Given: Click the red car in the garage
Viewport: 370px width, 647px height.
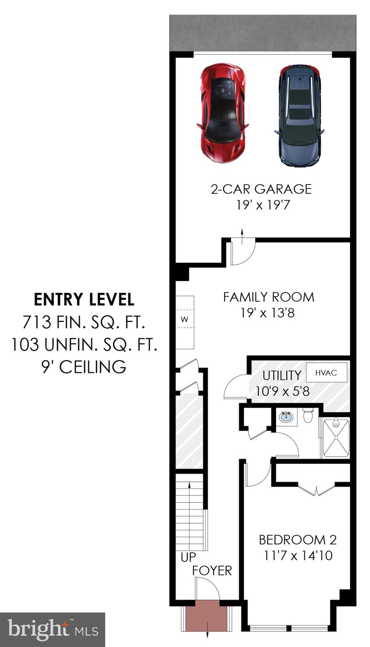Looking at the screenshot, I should point(221,113).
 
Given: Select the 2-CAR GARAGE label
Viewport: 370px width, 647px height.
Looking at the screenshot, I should point(261,189).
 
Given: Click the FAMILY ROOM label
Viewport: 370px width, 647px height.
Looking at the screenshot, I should point(268,297).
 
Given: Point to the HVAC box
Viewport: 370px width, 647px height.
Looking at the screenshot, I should point(326,373).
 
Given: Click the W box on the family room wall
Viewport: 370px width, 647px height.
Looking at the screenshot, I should point(184,320).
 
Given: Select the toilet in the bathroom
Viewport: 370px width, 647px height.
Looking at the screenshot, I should point(309,415).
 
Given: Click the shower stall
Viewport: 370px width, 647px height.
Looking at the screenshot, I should point(335,438).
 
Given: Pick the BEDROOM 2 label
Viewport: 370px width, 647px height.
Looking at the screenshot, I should point(298,540).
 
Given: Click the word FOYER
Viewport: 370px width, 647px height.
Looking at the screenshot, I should point(212,571).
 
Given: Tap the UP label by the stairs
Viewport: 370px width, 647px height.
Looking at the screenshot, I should point(188,557).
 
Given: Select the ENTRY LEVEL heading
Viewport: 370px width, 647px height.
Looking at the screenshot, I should point(84,300).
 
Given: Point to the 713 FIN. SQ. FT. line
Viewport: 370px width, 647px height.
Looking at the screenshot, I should point(84,323).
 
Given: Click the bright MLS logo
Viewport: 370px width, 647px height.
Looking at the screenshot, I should point(53,629).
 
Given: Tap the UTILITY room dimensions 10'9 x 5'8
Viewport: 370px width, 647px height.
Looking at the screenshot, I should point(282,391).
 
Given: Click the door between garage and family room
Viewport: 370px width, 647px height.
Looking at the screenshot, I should point(242,252).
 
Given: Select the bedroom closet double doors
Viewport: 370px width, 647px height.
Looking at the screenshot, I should point(317,490).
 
